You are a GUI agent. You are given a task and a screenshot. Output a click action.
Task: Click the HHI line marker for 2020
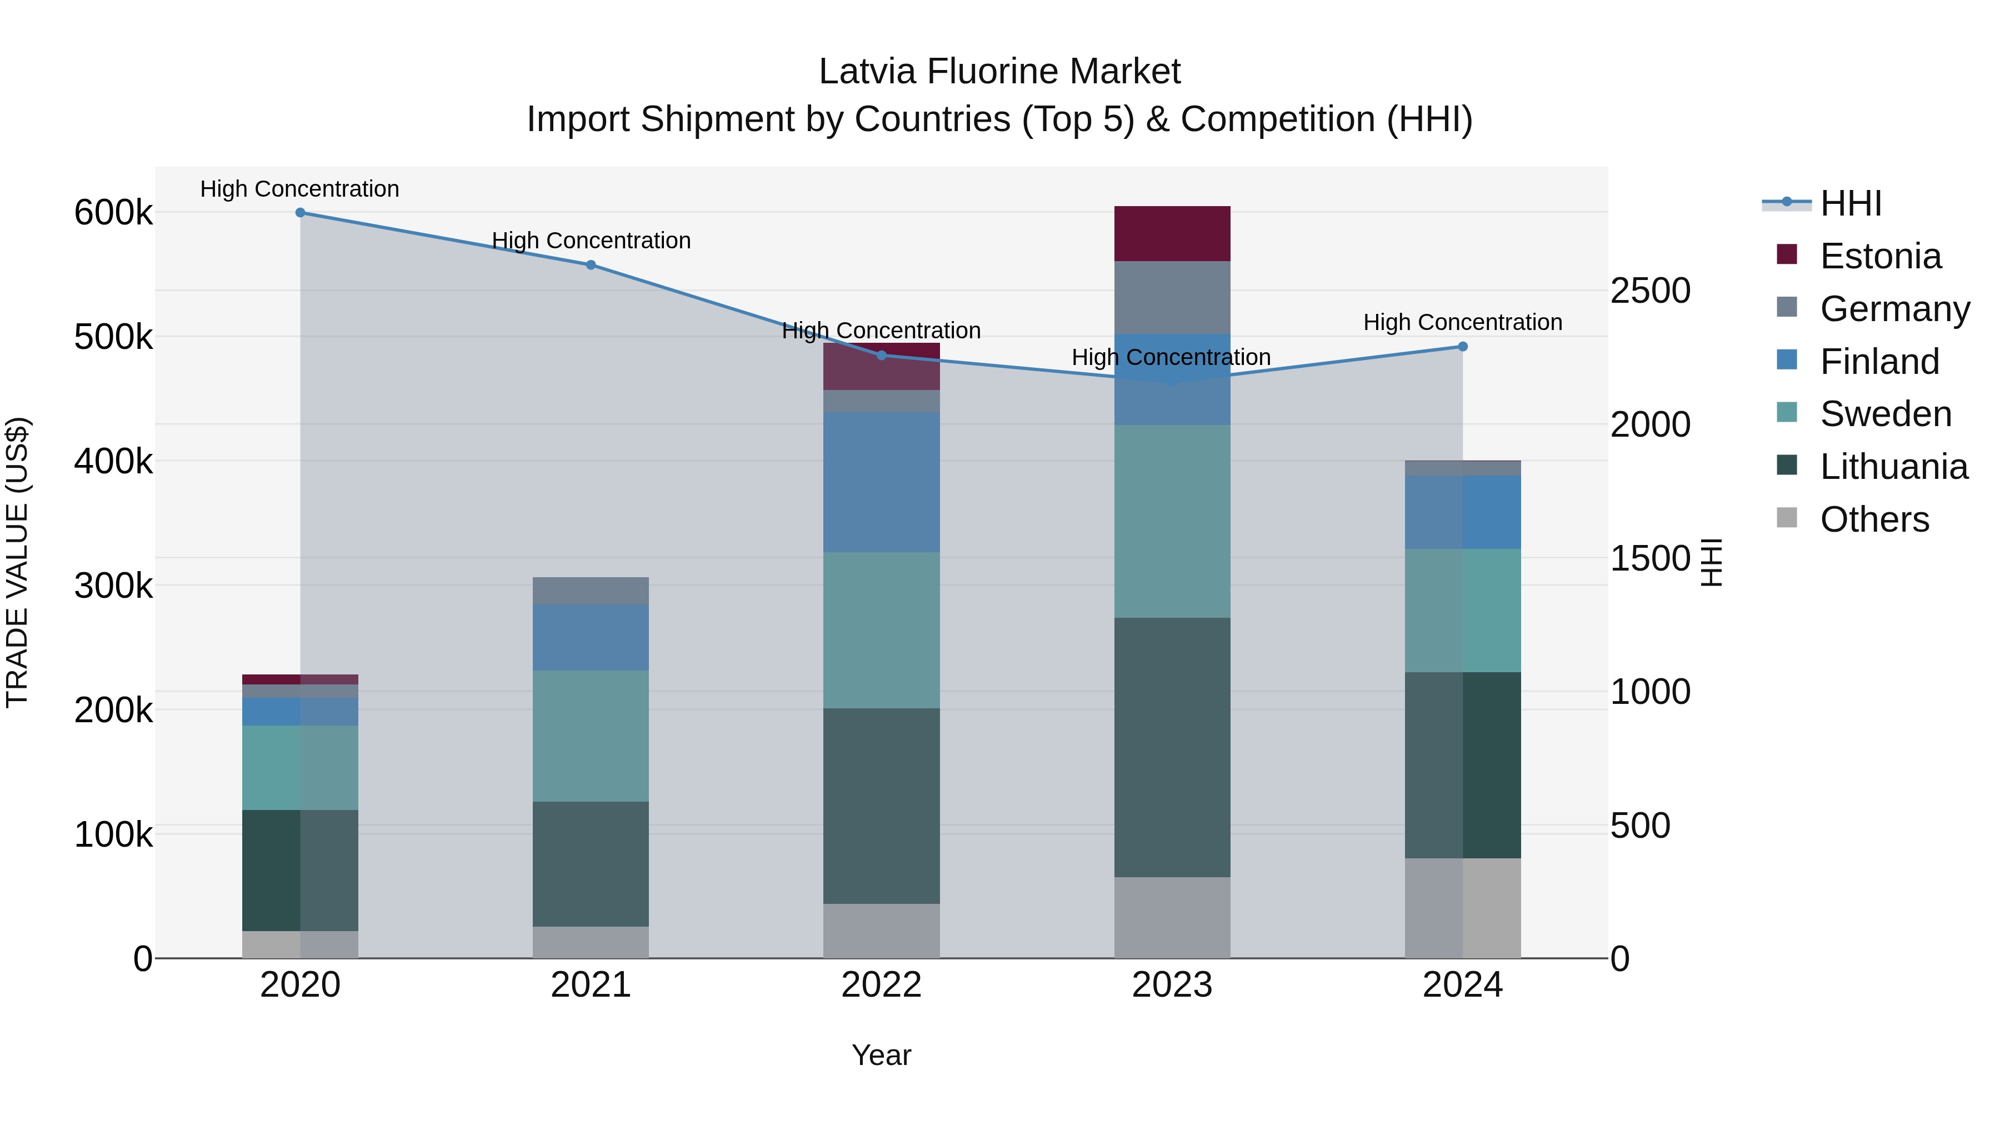(301, 213)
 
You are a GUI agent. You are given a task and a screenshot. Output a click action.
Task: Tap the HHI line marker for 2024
(1463, 347)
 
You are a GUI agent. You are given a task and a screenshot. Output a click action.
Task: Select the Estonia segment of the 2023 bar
(1172, 234)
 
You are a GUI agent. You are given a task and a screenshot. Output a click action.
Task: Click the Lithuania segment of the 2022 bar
(881, 806)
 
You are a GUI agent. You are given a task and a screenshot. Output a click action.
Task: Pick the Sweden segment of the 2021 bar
(591, 736)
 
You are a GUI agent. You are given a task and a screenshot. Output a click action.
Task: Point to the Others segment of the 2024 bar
(1463, 908)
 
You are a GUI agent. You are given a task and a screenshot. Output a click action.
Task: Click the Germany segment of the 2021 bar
(591, 591)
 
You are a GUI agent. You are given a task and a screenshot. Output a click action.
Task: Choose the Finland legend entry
(1879, 362)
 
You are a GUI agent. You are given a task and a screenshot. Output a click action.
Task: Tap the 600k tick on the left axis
(113, 213)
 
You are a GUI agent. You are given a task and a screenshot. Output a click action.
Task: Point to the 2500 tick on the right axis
(1650, 291)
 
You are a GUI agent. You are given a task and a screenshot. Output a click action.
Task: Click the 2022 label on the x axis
(881, 985)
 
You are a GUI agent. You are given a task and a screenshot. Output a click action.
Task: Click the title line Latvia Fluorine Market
(999, 72)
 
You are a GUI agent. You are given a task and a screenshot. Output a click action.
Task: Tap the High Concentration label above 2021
(591, 241)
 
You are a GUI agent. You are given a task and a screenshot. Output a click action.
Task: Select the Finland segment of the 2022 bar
(881, 482)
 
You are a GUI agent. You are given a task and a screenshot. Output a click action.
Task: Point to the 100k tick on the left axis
(113, 834)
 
